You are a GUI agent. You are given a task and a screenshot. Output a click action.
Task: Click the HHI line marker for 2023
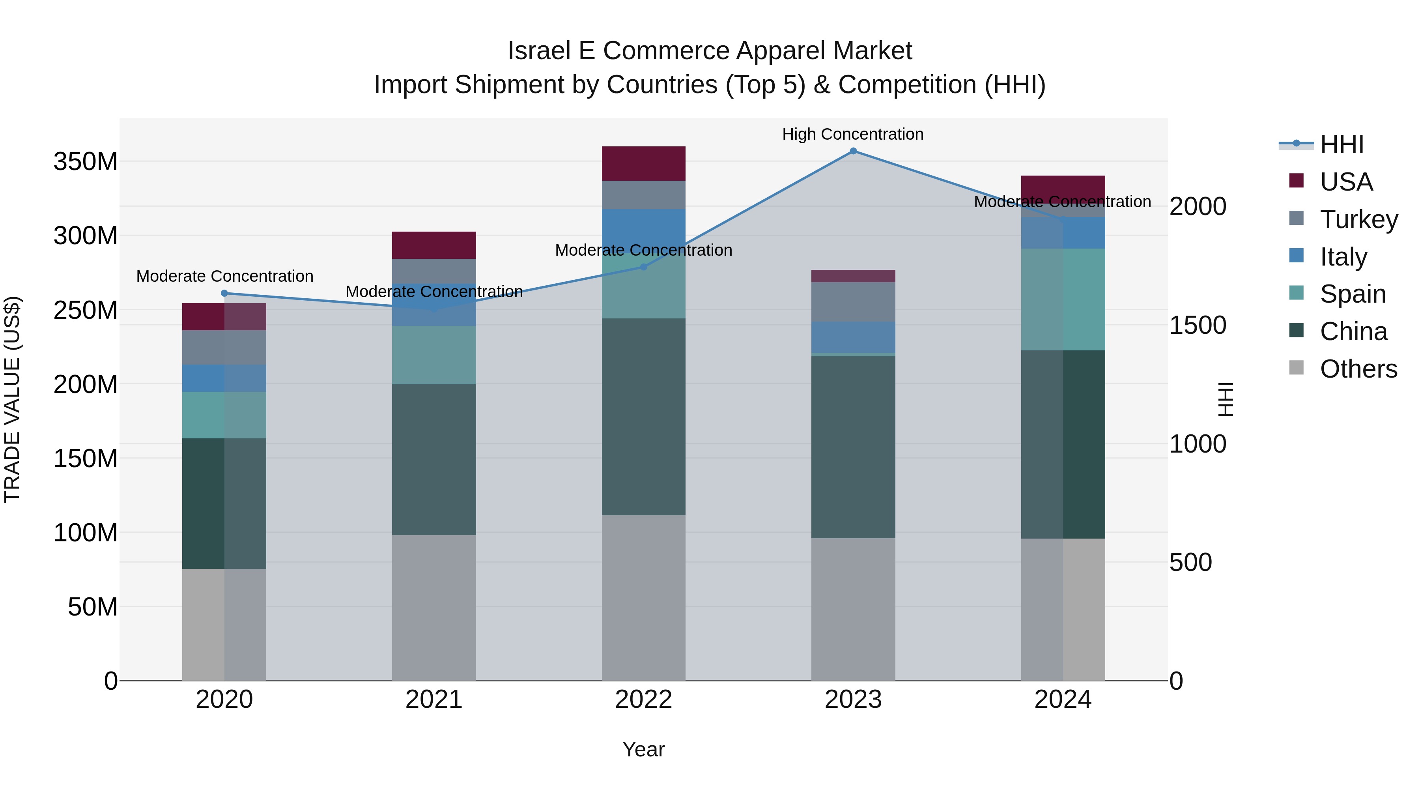click(853, 151)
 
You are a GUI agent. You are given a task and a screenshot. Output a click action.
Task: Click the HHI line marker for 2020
click(224, 293)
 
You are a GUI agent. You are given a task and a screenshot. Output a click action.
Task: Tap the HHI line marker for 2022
click(643, 267)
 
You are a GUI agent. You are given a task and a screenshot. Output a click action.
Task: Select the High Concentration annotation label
click(852, 134)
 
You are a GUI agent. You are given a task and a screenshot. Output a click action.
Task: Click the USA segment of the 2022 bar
click(643, 164)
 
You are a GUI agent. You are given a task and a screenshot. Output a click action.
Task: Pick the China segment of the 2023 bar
click(853, 447)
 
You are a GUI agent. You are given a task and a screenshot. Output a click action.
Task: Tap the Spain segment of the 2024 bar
click(1063, 299)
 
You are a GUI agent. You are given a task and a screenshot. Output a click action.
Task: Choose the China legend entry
click(1353, 331)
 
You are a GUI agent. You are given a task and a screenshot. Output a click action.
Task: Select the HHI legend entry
click(1341, 144)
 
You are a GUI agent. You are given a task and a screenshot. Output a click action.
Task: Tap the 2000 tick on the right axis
click(1197, 207)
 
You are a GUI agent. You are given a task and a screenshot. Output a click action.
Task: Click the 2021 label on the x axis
click(434, 700)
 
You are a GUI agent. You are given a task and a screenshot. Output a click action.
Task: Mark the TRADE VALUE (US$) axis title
click(13, 399)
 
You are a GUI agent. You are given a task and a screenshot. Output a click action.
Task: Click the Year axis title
click(643, 749)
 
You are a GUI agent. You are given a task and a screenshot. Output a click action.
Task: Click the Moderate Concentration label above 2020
click(224, 276)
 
